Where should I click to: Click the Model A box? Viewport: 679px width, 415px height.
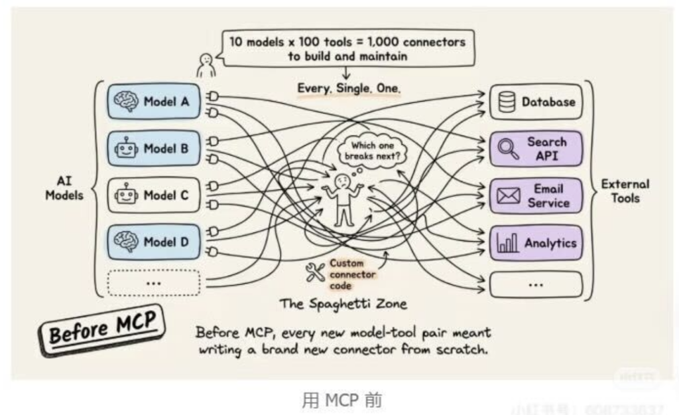pyautogui.click(x=153, y=102)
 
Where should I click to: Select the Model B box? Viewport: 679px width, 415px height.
pyautogui.click(x=153, y=149)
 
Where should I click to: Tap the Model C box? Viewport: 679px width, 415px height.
pyautogui.click(x=153, y=195)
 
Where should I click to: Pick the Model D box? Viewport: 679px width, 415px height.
pyautogui.click(x=153, y=242)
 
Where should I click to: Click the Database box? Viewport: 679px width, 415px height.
pyautogui.click(x=536, y=102)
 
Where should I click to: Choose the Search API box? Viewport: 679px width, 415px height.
pyautogui.click(x=536, y=149)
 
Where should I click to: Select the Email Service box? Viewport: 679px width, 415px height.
pyautogui.click(x=536, y=196)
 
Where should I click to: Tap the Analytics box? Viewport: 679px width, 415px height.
pyautogui.click(x=536, y=243)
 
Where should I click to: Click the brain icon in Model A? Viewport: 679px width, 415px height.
pyautogui.click(x=125, y=102)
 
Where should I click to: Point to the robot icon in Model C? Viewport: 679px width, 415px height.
pyautogui.click(x=126, y=195)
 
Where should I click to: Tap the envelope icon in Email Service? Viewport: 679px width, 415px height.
pyautogui.click(x=508, y=197)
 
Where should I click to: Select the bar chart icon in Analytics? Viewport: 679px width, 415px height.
pyautogui.click(x=507, y=244)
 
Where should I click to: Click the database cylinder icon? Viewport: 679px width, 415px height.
pyautogui.click(x=507, y=102)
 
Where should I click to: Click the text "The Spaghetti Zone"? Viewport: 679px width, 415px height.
pyautogui.click(x=343, y=304)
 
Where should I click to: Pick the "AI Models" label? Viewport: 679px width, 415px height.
pyautogui.click(x=64, y=188)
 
